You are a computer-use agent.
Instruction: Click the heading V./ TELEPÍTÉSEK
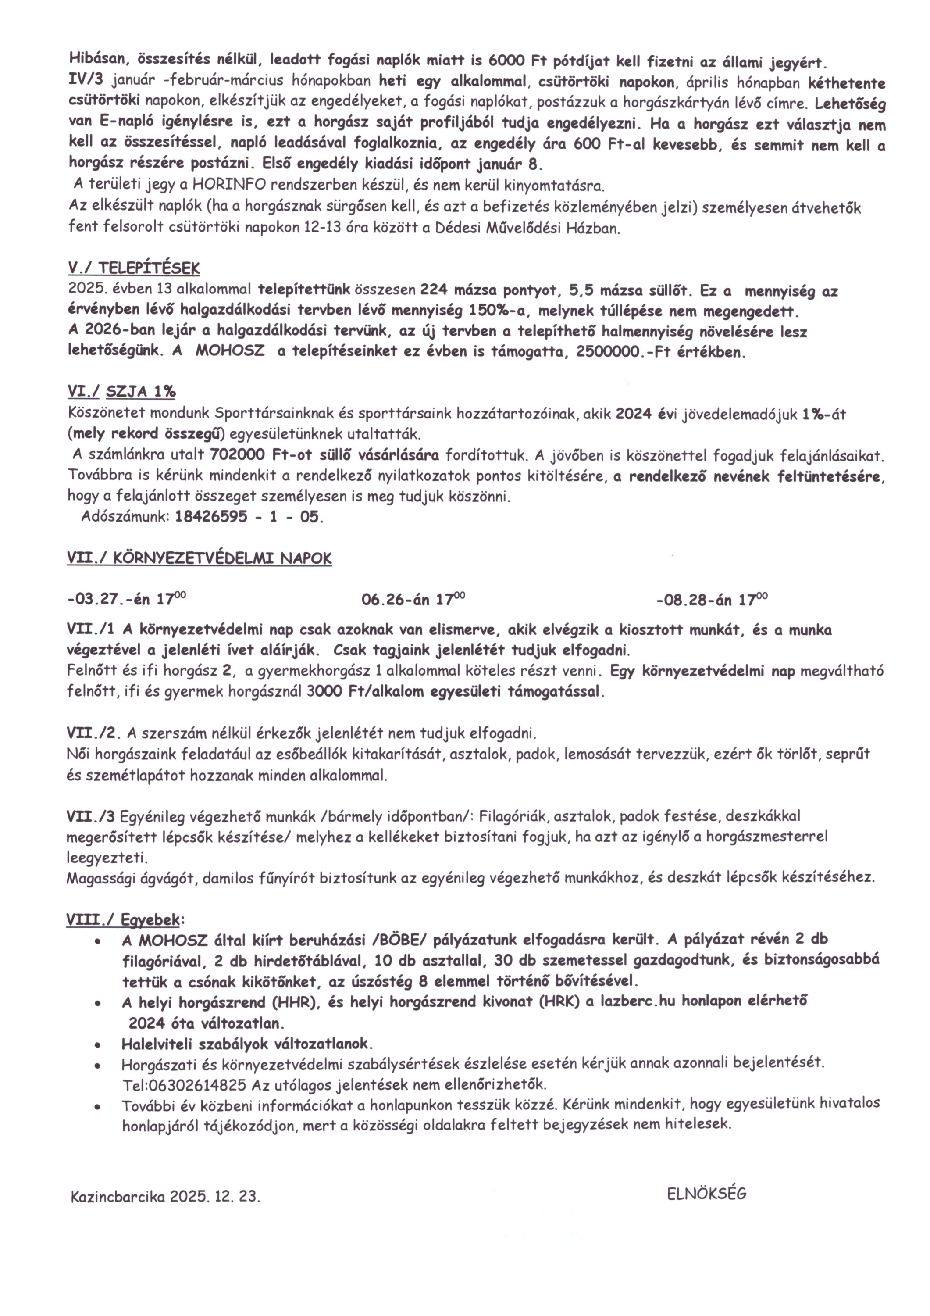pyautogui.click(x=133, y=268)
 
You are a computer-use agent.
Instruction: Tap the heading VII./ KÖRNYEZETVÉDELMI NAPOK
pyautogui.click(x=199, y=559)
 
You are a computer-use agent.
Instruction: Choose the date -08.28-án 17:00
pyautogui.click(x=712, y=600)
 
